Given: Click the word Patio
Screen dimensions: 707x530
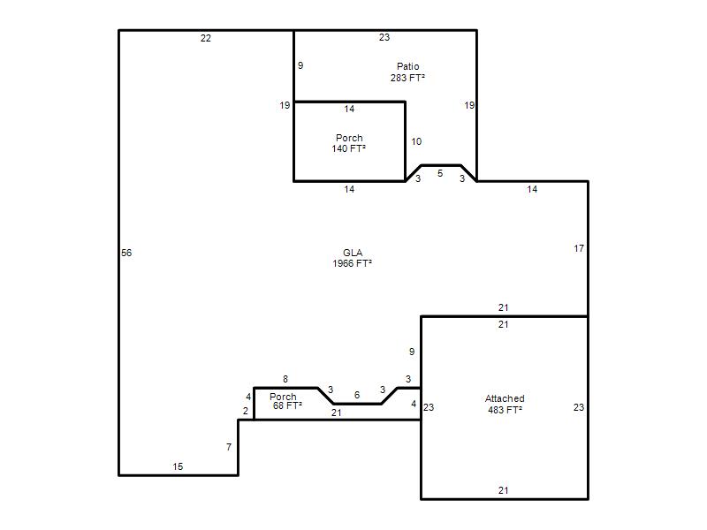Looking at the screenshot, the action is (407, 66).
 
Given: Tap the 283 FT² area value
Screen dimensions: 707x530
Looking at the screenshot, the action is (407, 78).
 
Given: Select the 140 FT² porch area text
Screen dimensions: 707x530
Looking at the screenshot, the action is (348, 148).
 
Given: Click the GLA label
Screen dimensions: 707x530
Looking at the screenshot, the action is (353, 253).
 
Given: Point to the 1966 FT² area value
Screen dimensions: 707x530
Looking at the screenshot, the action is (352, 263).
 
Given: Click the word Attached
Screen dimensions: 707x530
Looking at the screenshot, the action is (505, 398).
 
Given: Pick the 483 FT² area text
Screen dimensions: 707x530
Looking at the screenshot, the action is (505, 410).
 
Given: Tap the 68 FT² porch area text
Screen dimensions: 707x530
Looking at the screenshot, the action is (287, 405).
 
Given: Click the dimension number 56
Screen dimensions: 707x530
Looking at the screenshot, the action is (126, 253).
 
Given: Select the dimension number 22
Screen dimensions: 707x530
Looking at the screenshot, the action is (206, 38).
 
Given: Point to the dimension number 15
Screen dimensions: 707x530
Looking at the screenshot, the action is (178, 466).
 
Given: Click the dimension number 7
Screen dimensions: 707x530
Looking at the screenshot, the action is (229, 447).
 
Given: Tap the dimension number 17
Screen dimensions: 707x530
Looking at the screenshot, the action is (579, 248).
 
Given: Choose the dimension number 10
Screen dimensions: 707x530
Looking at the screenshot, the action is (416, 141).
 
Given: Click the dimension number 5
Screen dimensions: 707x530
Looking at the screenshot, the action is (440, 173).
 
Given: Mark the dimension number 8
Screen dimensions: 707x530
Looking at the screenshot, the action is (285, 379).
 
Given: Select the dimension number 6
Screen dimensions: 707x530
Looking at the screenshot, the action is (357, 395).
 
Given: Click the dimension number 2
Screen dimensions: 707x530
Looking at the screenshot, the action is (246, 411).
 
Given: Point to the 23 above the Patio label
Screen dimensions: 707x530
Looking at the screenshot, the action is (384, 37).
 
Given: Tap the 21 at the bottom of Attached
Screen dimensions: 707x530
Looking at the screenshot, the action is (503, 490).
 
